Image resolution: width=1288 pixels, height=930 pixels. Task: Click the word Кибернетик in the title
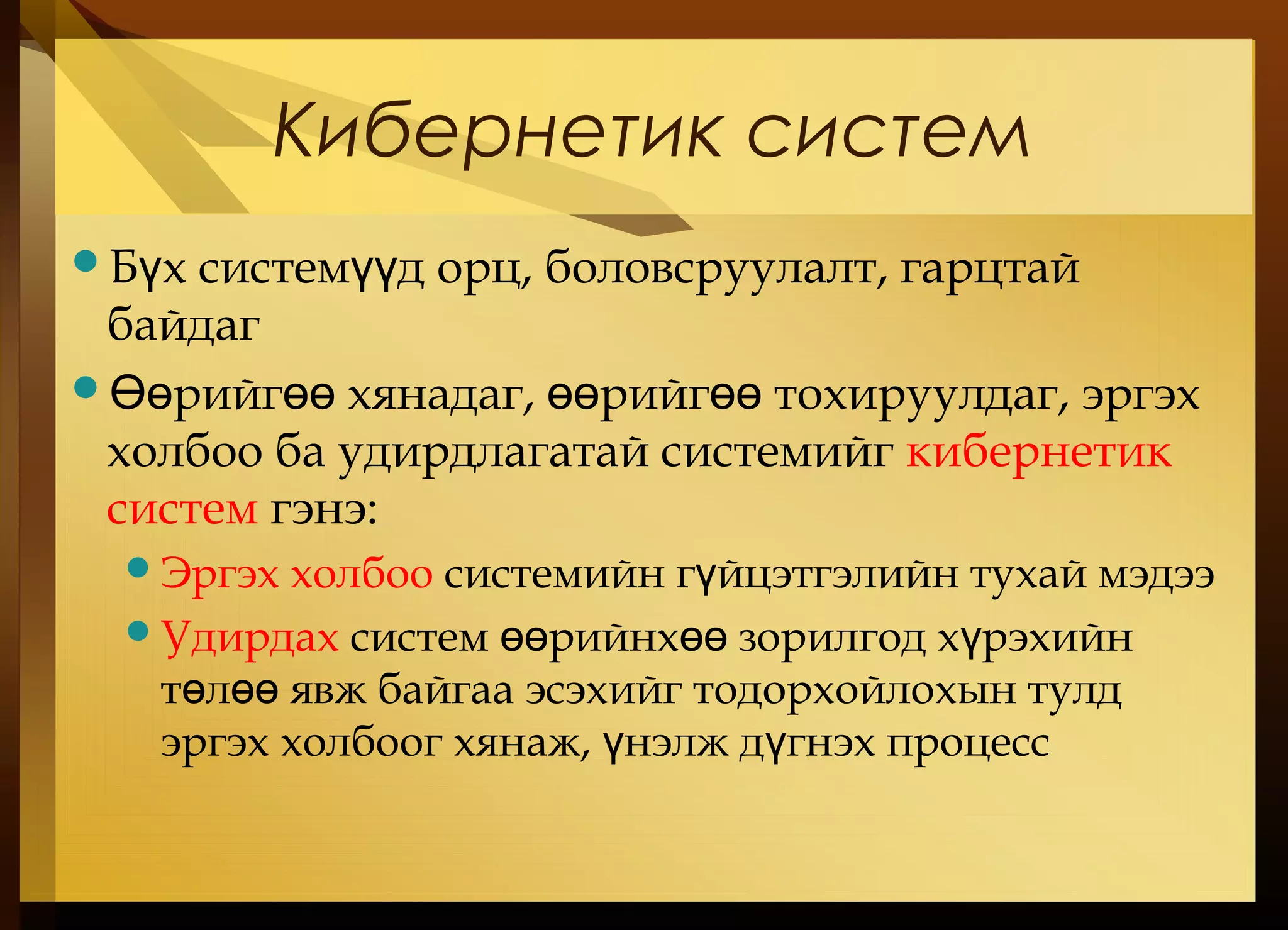coord(497,134)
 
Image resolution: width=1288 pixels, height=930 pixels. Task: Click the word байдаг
coord(184,325)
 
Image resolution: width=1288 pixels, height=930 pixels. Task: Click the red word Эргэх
coord(219,573)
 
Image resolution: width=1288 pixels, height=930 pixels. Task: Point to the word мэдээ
coord(1156,575)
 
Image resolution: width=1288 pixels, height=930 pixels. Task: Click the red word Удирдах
coord(250,638)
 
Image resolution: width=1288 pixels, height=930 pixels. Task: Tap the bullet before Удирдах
coord(137,630)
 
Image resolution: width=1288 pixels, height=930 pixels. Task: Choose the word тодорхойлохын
coord(855,690)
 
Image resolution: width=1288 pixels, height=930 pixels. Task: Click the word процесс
coord(968,744)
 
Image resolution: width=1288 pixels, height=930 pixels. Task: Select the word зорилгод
coord(831,639)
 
